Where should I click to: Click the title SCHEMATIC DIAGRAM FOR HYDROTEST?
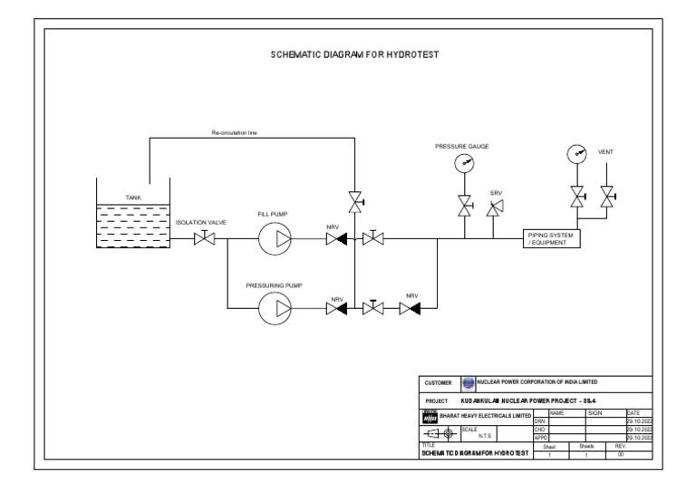pos(354,54)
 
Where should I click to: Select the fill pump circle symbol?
pos(273,239)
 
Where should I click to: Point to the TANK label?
pos(133,197)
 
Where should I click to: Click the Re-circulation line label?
pos(234,132)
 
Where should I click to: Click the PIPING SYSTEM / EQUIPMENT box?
pos(551,239)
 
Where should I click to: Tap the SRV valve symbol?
pos(494,208)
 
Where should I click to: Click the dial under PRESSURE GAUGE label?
pos(465,163)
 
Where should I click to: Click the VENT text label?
pos(606,152)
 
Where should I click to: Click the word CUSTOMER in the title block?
pos(439,383)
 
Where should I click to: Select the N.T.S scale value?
pos(482,434)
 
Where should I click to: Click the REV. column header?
pos(620,446)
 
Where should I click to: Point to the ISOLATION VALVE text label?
pos(200,221)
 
